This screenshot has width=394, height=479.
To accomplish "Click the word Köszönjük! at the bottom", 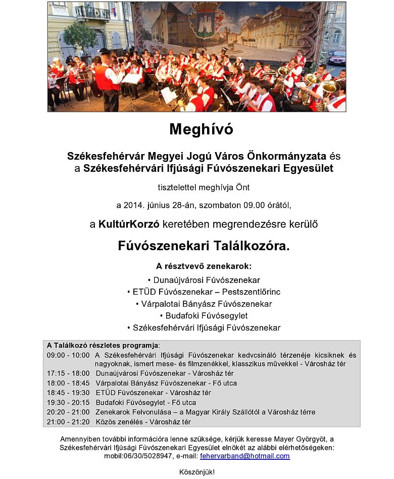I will pyautogui.click(x=197, y=472).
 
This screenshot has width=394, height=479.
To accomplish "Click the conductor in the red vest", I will pyautogui.click(x=108, y=81).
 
